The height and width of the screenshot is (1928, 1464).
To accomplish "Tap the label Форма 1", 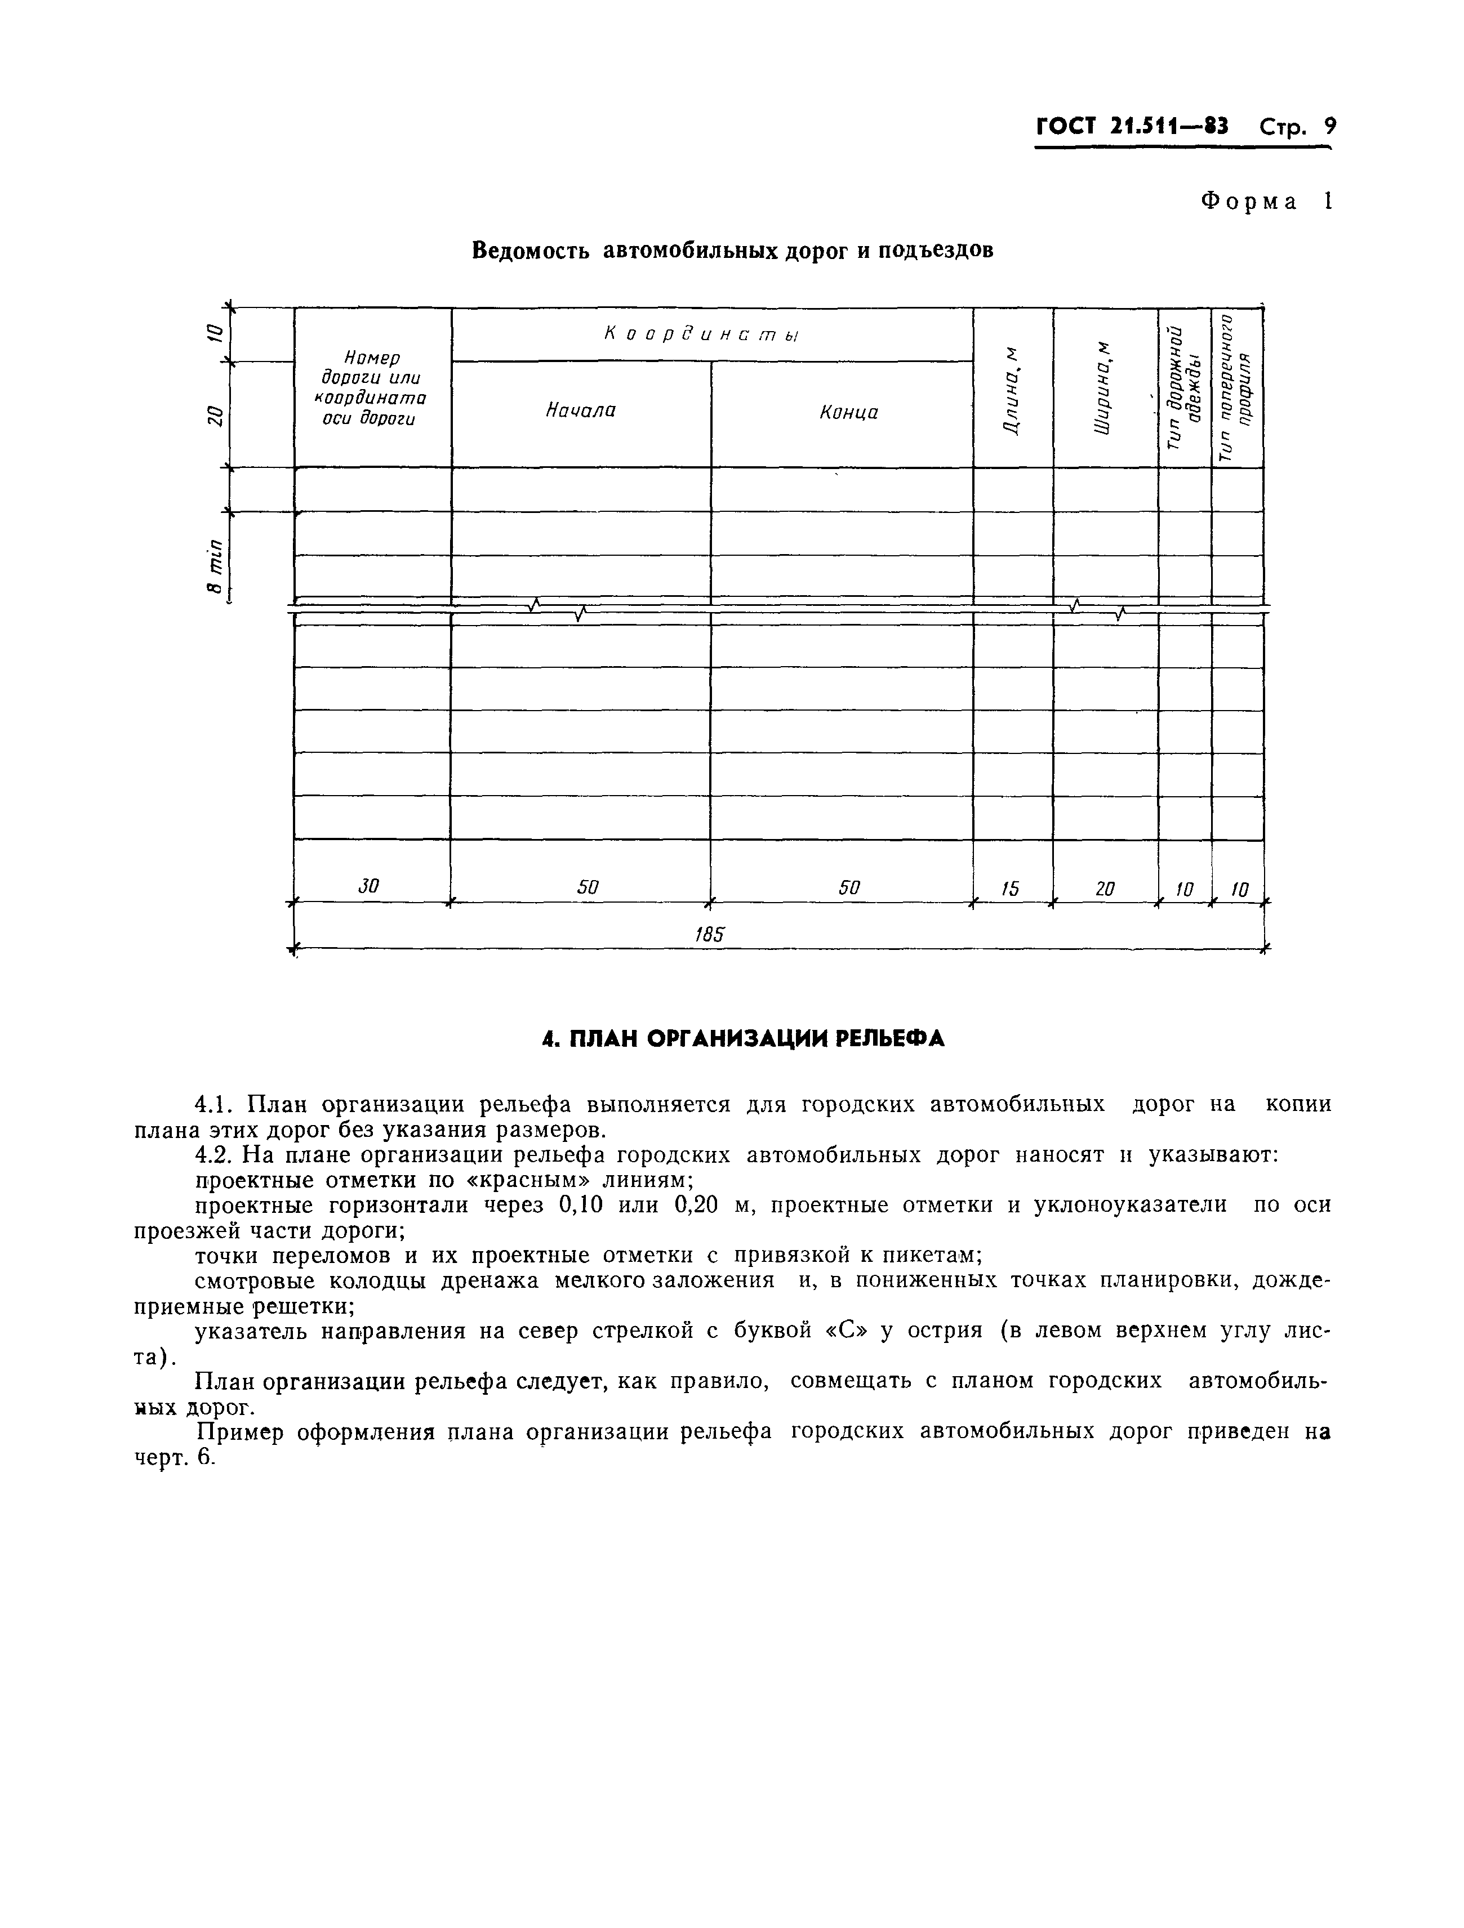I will tap(1266, 202).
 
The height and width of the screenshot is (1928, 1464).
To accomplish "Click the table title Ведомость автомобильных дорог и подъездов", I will tap(732, 251).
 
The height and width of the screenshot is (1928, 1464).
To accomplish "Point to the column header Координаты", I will tap(702, 334).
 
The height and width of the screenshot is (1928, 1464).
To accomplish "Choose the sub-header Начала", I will tap(581, 410).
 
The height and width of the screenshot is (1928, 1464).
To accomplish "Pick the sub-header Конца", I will tap(848, 412).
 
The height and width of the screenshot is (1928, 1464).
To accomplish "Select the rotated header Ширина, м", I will tap(1105, 387).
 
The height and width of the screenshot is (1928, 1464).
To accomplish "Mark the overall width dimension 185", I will tap(710, 934).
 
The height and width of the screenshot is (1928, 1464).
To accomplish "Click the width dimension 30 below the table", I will tap(369, 886).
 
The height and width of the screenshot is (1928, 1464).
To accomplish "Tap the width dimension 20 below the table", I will tap(1104, 889).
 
